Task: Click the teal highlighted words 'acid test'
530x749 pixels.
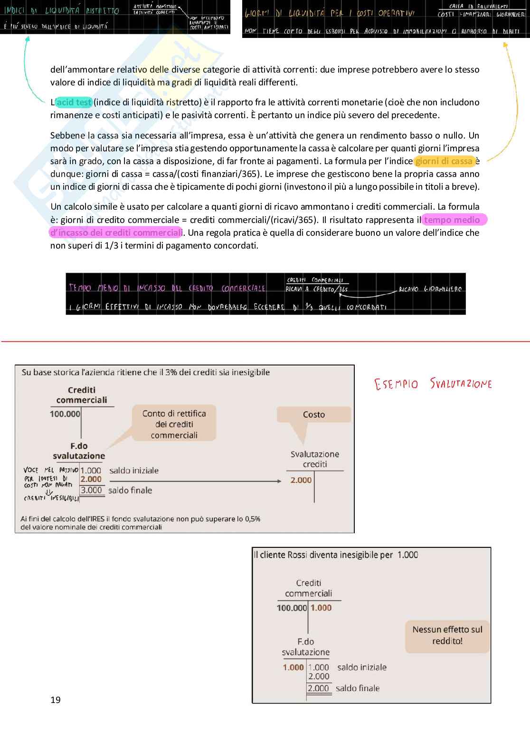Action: (74, 102)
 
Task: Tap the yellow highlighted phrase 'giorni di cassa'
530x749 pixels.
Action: (444, 161)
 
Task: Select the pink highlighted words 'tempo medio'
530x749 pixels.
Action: (452, 220)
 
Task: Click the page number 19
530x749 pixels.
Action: (56, 700)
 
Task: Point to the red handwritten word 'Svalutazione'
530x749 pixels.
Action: (461, 383)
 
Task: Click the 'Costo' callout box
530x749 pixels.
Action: (314, 415)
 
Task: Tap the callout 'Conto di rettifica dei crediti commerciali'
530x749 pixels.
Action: (174, 424)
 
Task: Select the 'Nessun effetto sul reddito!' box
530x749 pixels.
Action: (447, 635)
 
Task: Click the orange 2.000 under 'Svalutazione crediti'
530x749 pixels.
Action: (301, 480)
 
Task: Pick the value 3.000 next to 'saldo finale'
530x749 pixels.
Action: (91, 490)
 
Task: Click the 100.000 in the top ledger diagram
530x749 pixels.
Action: (65, 414)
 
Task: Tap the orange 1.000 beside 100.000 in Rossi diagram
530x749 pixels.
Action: (321, 608)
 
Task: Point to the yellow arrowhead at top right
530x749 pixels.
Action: (505, 45)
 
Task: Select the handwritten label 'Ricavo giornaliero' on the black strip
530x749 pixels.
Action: (430, 289)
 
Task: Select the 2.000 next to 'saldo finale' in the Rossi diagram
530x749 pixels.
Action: (318, 688)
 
